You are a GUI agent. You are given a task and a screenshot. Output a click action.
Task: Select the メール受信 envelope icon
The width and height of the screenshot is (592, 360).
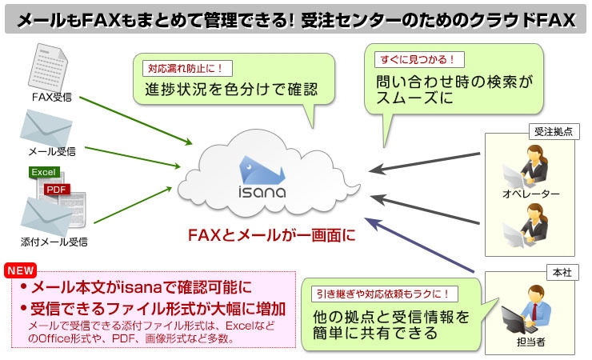point(50,128)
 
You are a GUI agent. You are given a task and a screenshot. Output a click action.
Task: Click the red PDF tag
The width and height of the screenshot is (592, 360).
point(57,189)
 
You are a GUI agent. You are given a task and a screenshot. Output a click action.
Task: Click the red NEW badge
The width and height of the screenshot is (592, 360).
point(20,270)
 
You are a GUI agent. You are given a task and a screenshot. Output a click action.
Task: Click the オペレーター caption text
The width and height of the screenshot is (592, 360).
point(530,194)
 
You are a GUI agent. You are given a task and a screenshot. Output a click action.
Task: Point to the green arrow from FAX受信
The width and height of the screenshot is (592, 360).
point(136,120)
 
